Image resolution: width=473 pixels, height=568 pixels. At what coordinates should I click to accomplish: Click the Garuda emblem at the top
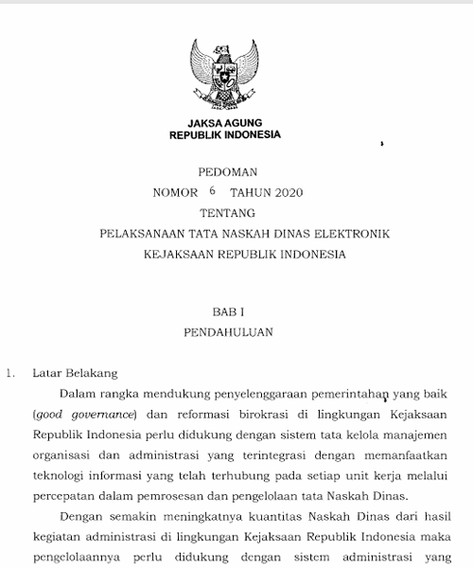[224, 74]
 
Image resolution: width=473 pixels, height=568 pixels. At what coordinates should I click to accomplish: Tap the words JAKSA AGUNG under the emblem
[224, 122]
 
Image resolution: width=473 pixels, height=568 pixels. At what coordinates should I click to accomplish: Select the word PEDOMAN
[225, 172]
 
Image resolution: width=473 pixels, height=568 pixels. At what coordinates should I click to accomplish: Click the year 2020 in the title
[285, 193]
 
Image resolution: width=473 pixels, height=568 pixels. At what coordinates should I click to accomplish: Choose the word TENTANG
[225, 213]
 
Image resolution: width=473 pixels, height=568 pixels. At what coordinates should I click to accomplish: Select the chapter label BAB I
[225, 311]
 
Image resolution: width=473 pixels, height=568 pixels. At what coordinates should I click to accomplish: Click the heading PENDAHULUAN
[225, 332]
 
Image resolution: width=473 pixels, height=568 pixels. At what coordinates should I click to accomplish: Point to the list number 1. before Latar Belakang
[10, 373]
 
